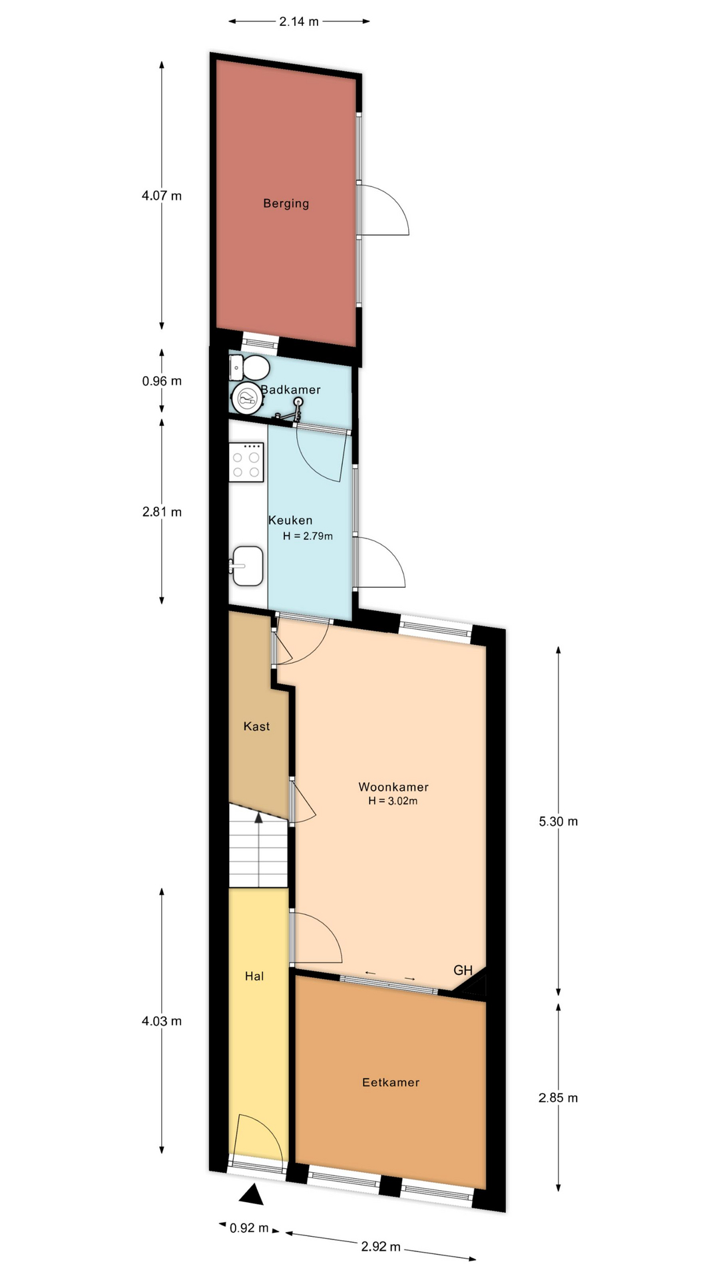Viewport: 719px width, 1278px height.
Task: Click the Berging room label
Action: coord(286,204)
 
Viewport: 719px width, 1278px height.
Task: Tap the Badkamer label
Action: coord(291,389)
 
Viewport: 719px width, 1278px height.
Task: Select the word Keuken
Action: coord(290,521)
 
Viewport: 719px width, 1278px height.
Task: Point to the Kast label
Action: coord(256,726)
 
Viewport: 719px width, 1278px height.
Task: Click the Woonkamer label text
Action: coord(393,787)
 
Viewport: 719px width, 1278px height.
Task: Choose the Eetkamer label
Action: coord(391,1082)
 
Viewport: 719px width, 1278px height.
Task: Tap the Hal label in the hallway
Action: coord(254,976)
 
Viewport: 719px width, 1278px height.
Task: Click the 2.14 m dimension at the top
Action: coord(299,21)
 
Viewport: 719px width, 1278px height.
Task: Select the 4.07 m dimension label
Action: coord(162,196)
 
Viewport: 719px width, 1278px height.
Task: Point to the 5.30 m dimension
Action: coord(559,821)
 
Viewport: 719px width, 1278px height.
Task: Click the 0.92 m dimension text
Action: coord(250,1228)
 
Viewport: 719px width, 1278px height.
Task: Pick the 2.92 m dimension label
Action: coord(381,1246)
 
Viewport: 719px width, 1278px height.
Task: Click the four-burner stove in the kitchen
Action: coord(246,462)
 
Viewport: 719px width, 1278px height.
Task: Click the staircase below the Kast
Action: coord(259,845)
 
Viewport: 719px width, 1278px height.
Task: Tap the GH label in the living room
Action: coord(463,970)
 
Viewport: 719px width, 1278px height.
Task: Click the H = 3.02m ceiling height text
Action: coord(393,801)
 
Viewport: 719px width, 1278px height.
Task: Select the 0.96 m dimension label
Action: coord(162,381)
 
